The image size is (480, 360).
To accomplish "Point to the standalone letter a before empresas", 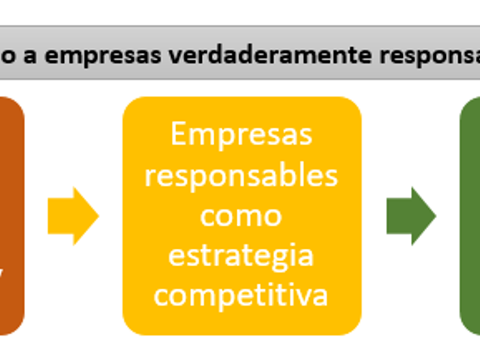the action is click(31, 56).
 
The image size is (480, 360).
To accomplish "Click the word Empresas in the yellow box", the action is click(241, 135).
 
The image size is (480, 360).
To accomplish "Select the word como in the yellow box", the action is click(241, 215).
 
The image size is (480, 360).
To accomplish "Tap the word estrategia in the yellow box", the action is click(241, 256).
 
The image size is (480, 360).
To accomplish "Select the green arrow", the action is click(410, 216).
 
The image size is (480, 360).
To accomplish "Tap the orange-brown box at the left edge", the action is click(11, 216).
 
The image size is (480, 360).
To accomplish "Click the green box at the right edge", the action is click(470, 216).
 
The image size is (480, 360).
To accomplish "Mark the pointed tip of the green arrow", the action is click(435, 216).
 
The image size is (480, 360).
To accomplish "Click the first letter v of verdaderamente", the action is click(153, 56).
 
